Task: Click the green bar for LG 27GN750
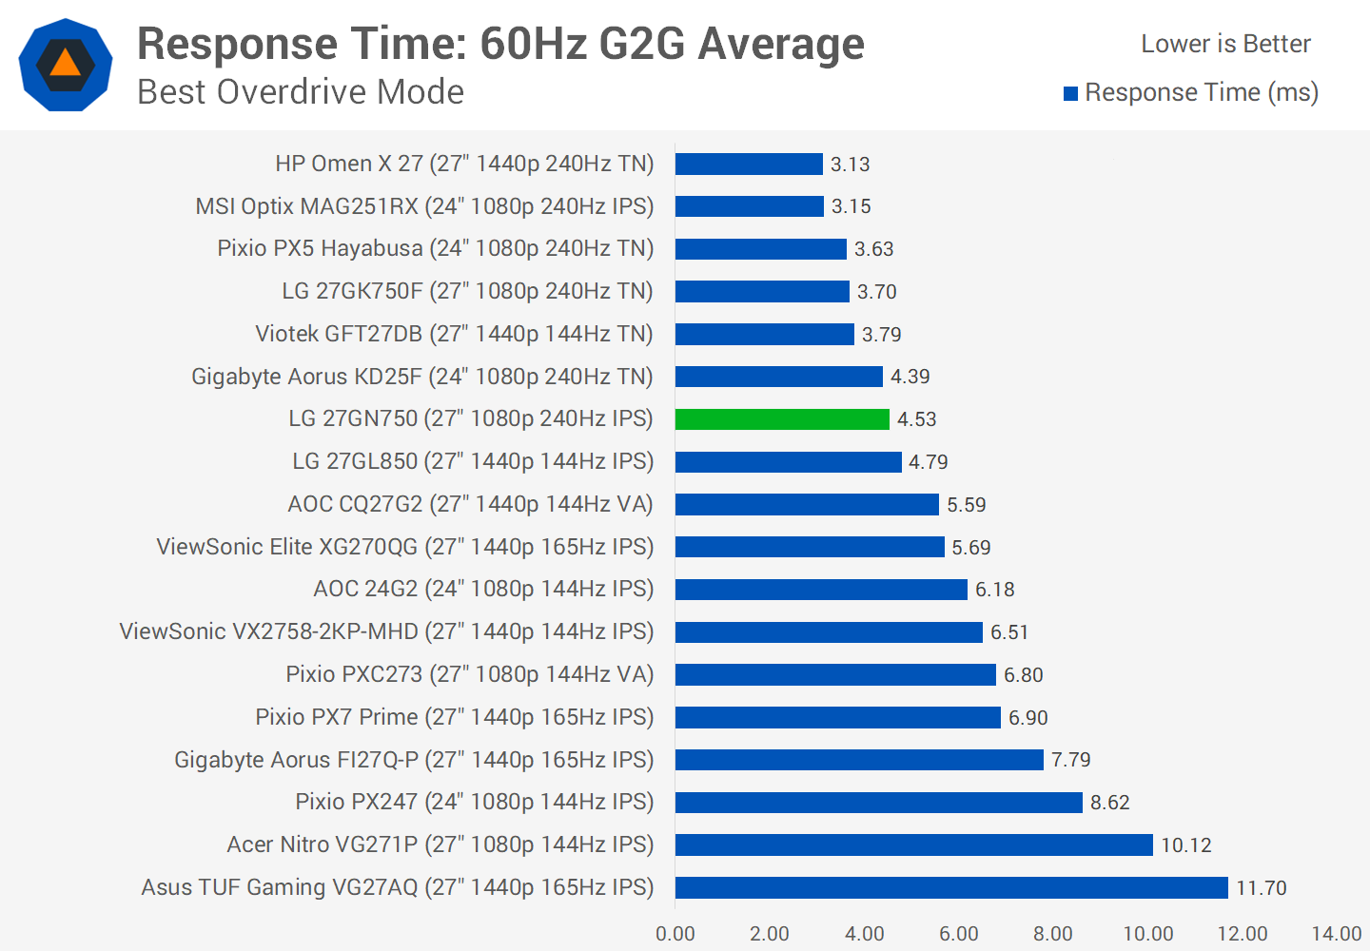click(782, 419)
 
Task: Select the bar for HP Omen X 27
click(749, 165)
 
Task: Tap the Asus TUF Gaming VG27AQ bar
click(951, 887)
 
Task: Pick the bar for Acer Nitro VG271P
click(913, 844)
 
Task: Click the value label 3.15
click(851, 206)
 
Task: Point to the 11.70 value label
click(1261, 888)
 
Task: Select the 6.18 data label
click(994, 590)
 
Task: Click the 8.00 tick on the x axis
click(1052, 934)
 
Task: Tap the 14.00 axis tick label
click(1336, 934)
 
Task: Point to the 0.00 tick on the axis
click(675, 934)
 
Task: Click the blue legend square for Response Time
click(1070, 93)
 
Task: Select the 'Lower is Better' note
click(1225, 44)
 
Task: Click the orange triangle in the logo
click(66, 64)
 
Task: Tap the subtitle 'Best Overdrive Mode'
click(301, 92)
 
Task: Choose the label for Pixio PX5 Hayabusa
click(435, 248)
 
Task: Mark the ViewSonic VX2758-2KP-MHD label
click(386, 631)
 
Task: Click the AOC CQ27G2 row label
click(470, 504)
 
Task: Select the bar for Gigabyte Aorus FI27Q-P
click(859, 760)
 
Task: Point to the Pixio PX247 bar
click(878, 803)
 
